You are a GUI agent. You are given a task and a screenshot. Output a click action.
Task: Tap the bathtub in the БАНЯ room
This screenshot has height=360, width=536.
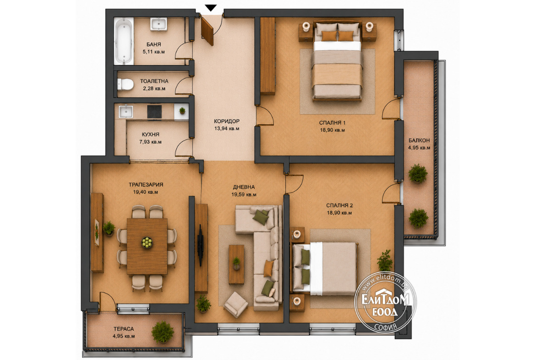tap(123, 41)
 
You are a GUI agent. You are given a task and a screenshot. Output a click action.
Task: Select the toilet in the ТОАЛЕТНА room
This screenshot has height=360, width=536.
tap(125, 84)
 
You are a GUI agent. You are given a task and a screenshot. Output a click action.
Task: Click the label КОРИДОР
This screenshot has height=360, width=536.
tap(227, 121)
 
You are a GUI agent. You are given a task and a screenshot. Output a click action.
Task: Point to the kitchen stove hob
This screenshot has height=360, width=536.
tap(154, 112)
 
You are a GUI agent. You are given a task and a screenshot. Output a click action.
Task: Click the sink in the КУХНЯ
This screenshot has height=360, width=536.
tap(125, 112)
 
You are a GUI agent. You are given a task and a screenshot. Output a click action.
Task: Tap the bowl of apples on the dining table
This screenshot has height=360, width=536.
tap(147, 242)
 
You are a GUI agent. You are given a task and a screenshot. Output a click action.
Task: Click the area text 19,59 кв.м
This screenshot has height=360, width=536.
tap(244, 194)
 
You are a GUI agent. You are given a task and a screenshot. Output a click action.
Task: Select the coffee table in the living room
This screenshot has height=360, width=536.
tap(236, 264)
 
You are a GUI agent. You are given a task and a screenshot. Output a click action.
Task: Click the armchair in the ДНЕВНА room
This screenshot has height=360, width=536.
tap(236, 304)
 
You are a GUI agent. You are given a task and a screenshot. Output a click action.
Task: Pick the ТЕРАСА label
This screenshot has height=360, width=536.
tap(124, 329)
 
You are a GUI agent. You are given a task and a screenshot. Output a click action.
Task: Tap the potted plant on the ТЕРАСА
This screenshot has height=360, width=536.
tap(163, 332)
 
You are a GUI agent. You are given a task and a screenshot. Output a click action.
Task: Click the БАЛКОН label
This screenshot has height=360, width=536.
tap(419, 141)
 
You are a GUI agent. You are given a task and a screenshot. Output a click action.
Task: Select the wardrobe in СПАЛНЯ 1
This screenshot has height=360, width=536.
tap(268, 56)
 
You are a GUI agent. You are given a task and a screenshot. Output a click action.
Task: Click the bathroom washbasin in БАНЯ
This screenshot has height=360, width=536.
tap(158, 24)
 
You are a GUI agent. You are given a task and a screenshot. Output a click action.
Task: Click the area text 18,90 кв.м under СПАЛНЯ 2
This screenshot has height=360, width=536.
tap(340, 213)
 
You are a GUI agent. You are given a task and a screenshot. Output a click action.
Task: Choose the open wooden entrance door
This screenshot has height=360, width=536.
tap(207, 31)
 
